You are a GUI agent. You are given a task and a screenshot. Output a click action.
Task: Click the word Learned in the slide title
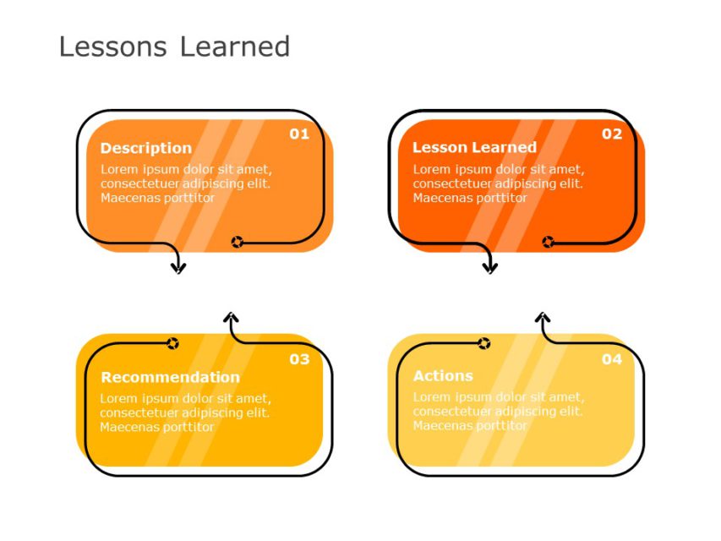234,46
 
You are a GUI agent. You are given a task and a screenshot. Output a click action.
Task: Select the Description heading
145,148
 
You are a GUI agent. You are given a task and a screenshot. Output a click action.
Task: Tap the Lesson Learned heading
474,147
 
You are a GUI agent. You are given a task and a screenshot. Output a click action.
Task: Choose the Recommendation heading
170,377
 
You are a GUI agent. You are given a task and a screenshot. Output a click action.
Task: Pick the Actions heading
443,375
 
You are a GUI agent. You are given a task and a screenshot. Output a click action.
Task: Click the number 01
299,134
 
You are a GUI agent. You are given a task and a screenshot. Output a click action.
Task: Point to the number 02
611,134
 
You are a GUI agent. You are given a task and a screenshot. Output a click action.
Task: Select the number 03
299,359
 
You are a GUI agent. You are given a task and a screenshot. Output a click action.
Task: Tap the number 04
611,359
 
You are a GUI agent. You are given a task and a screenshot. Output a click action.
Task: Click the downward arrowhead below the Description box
178,268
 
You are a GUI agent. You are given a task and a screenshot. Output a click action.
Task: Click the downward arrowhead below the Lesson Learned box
490,268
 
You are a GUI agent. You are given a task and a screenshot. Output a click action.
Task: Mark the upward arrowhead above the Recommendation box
231,318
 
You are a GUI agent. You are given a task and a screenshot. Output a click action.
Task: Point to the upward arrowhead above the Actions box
543,318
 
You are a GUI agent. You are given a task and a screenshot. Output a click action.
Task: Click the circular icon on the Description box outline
238,243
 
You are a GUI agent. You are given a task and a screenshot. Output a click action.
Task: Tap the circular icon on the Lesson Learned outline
548,243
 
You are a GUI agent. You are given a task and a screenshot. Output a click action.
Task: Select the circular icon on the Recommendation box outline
172,343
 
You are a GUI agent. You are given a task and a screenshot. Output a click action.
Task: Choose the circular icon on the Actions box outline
483,343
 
